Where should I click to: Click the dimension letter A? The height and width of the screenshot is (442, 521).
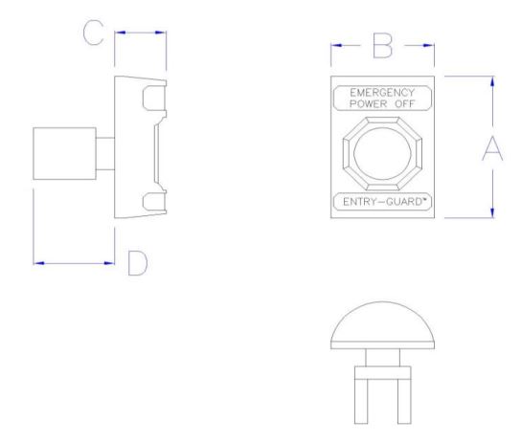pos(491,149)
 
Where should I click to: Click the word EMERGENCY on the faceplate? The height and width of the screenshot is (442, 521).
pos(382,92)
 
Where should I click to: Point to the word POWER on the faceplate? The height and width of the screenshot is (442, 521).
pos(368,102)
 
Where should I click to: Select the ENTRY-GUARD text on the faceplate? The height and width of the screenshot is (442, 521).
pos(382,203)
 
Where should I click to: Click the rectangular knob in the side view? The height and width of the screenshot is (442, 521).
pos(63,152)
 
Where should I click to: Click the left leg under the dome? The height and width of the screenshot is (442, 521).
pos(362,395)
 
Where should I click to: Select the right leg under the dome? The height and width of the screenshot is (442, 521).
pos(401,395)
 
